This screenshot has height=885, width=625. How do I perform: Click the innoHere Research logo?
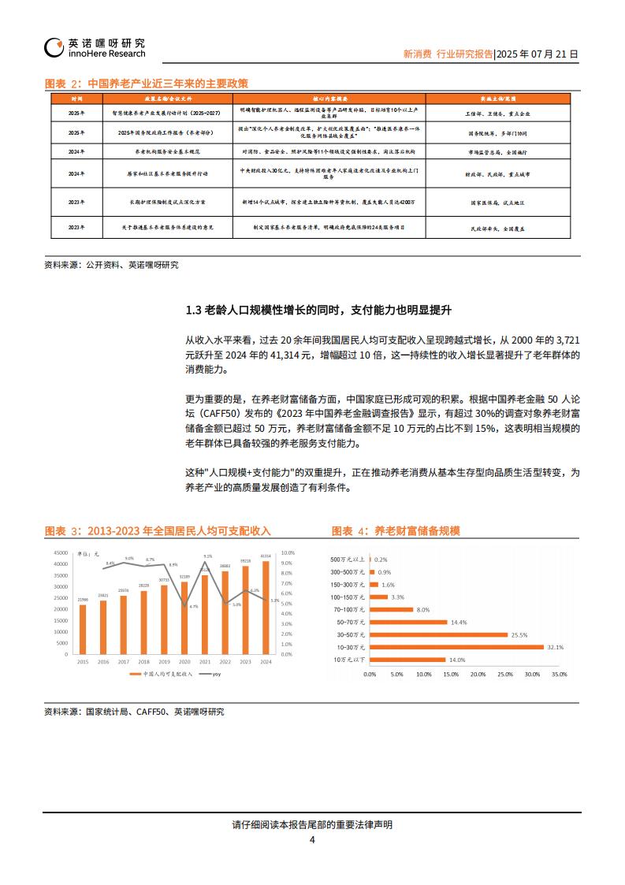point(95,47)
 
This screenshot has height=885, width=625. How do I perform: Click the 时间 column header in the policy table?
point(76,99)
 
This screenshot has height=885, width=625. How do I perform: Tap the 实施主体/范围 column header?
point(497,99)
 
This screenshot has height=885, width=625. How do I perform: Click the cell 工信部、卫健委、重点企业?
point(497,113)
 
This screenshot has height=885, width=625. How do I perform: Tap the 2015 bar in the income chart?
point(83,629)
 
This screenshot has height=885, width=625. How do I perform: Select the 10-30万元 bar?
point(456,647)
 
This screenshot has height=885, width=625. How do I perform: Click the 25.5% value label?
point(519,634)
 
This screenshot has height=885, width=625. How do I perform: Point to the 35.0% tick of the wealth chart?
point(559,675)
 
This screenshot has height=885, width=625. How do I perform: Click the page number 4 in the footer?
point(312,840)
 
